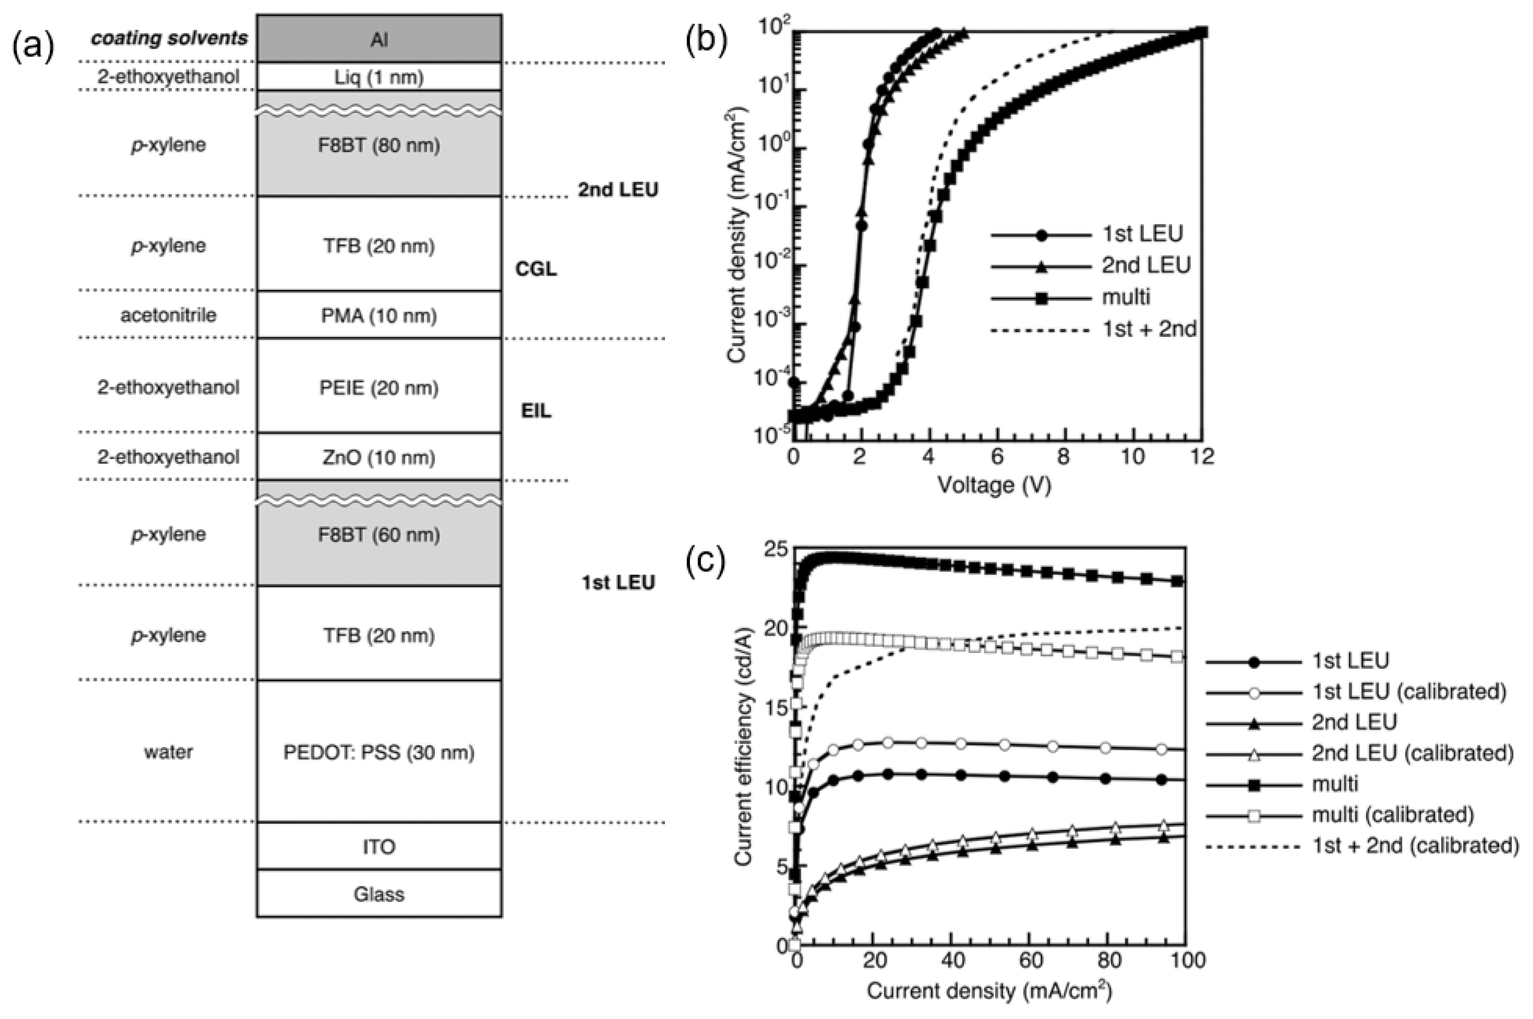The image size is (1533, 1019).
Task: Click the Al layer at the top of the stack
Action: click(x=379, y=40)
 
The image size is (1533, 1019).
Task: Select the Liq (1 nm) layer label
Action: click(x=379, y=77)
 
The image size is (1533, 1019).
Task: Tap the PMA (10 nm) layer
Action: click(x=379, y=315)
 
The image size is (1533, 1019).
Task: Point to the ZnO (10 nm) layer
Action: click(x=379, y=457)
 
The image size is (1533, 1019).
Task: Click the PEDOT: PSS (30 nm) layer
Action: click(x=379, y=752)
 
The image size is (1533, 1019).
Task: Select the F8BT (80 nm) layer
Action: click(x=379, y=145)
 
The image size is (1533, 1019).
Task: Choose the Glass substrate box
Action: click(x=379, y=894)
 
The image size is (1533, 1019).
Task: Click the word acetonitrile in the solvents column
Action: click(x=168, y=315)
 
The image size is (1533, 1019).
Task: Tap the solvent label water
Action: click(x=168, y=752)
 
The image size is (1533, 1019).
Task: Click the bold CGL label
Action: click(x=536, y=269)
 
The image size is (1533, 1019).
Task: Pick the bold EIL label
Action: click(x=536, y=411)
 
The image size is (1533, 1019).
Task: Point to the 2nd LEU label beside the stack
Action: click(x=618, y=190)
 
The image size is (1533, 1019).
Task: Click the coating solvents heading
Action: click(x=170, y=38)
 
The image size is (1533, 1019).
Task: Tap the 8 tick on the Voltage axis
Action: click(x=1063, y=456)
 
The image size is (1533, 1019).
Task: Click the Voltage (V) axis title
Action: click(x=994, y=485)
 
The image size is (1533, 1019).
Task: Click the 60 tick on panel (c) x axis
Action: click(x=1030, y=961)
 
